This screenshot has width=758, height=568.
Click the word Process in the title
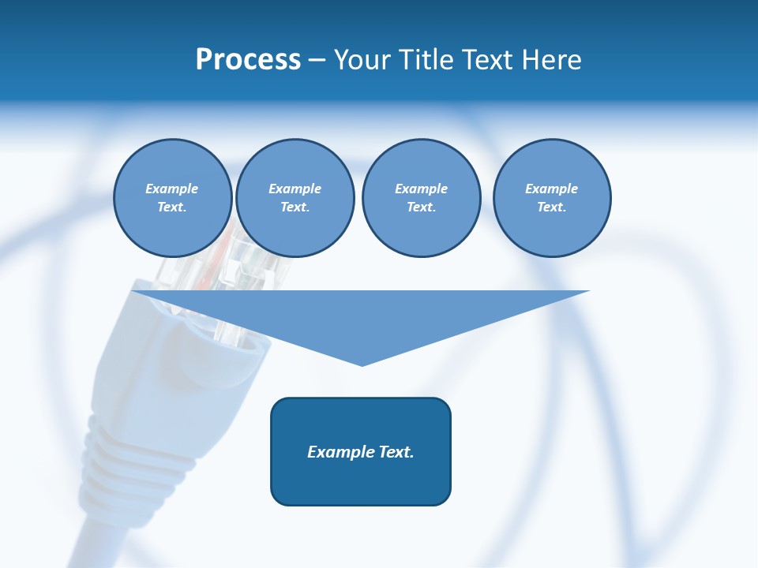(248, 60)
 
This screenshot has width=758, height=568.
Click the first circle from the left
(172, 198)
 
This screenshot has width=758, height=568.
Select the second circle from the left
(295, 198)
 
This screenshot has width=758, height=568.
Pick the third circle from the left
(421, 198)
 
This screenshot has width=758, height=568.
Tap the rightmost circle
(551, 198)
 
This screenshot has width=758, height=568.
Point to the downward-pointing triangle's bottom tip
(362, 364)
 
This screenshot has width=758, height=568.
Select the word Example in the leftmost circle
(172, 189)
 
